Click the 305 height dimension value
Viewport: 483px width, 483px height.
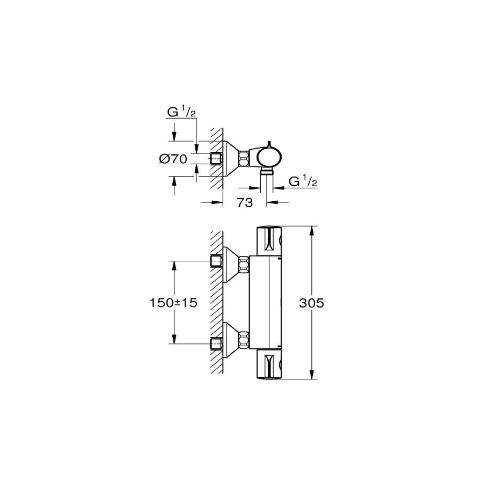(311, 303)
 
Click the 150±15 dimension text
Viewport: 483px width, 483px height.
(173, 303)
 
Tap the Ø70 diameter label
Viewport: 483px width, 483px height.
(173, 159)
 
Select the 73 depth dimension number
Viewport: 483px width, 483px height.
(245, 202)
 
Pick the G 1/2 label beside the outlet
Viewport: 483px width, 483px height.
(303, 181)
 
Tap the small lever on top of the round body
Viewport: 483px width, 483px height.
(269, 144)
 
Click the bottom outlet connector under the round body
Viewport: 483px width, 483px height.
(267, 172)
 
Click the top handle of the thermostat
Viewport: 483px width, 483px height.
(269, 241)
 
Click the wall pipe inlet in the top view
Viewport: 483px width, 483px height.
(216, 159)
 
